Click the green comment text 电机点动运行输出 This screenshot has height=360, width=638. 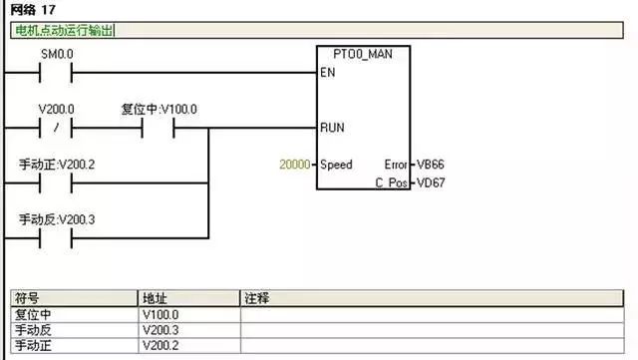63,30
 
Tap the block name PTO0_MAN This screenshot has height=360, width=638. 360,53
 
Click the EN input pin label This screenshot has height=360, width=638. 328,73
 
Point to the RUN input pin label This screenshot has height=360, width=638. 332,128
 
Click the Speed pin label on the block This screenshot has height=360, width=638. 336,164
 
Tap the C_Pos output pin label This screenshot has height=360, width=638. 392,184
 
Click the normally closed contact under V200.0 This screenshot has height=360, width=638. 56,128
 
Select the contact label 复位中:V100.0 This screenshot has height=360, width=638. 159,109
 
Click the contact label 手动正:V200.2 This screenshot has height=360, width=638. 57,164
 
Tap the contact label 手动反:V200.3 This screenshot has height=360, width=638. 57,218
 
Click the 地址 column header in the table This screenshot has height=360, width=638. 155,298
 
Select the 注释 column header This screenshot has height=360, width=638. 257,298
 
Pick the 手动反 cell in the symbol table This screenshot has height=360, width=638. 32,329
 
